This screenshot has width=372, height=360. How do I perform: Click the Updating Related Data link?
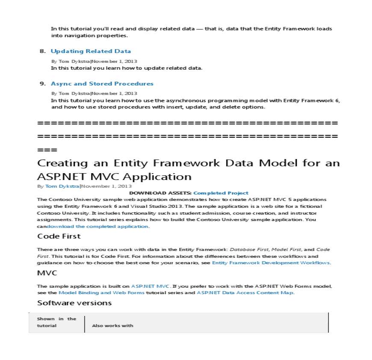point(91,51)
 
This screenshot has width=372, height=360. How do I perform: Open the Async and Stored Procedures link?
point(102,84)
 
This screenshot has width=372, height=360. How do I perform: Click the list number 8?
point(42,51)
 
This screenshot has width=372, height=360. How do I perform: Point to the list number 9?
point(42,84)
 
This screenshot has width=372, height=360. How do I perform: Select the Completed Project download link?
point(221,193)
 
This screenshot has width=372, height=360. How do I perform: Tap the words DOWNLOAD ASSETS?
point(160,193)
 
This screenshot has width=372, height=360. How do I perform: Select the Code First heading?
point(59,236)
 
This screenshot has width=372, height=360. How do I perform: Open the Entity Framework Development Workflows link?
point(271,263)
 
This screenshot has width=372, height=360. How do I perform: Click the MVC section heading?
point(47,273)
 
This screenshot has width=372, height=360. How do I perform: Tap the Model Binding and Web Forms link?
point(101,293)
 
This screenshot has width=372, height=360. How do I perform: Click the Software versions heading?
point(74,303)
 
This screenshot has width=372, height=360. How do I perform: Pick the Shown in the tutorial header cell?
point(56,322)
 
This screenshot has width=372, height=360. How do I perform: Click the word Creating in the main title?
point(62,163)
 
